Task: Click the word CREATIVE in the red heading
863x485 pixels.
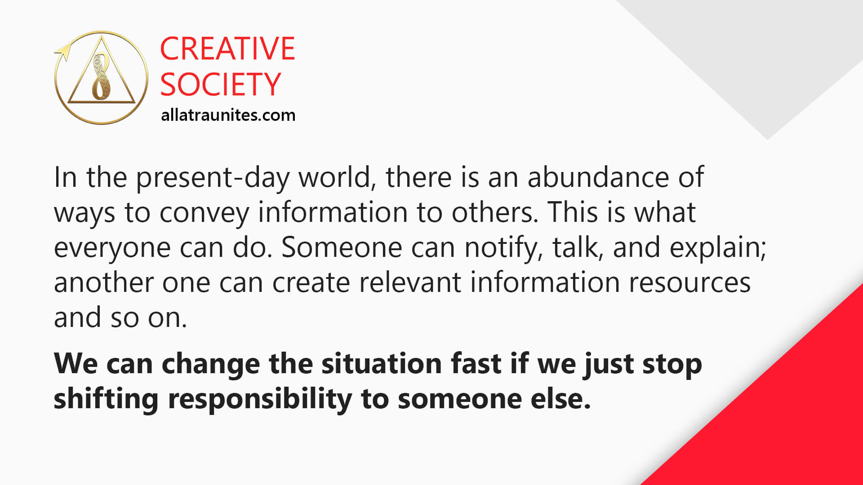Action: pyautogui.click(x=227, y=48)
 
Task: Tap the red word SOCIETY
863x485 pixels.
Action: pyautogui.click(x=220, y=84)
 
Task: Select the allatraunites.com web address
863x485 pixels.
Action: pyautogui.click(x=228, y=115)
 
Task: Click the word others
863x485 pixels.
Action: pyautogui.click(x=494, y=212)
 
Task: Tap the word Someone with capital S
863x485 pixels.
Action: pyautogui.click(x=342, y=247)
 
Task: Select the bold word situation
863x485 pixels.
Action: pyautogui.click(x=382, y=363)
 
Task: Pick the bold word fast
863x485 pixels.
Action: pyautogui.click(x=476, y=363)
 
